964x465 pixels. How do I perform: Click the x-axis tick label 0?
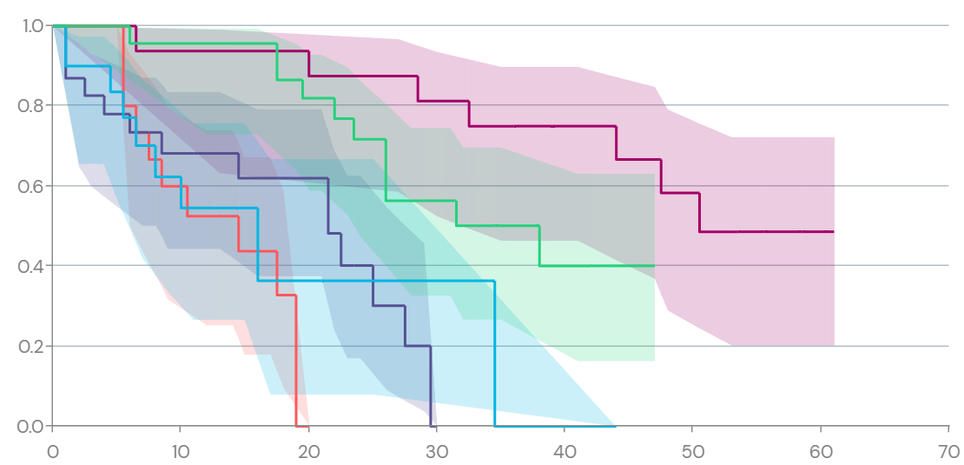tap(52, 451)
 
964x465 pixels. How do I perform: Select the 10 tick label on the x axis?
tap(180, 451)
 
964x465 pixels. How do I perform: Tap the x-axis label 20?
tap(308, 451)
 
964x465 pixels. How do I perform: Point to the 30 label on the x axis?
tap(436, 451)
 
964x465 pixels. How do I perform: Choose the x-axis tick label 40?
tap(565, 451)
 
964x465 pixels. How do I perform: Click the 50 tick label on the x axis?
tap(692, 451)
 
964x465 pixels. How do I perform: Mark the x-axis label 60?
tap(821, 451)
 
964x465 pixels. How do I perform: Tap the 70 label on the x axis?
tap(948, 451)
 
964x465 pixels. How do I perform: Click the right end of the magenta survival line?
tap(834, 232)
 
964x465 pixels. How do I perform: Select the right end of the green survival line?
tap(654, 265)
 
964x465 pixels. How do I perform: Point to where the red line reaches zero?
tap(296, 426)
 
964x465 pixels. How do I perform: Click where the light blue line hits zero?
tap(495, 426)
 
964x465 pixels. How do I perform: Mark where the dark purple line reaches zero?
tap(431, 426)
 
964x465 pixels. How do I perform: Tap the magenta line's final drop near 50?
tap(700, 213)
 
